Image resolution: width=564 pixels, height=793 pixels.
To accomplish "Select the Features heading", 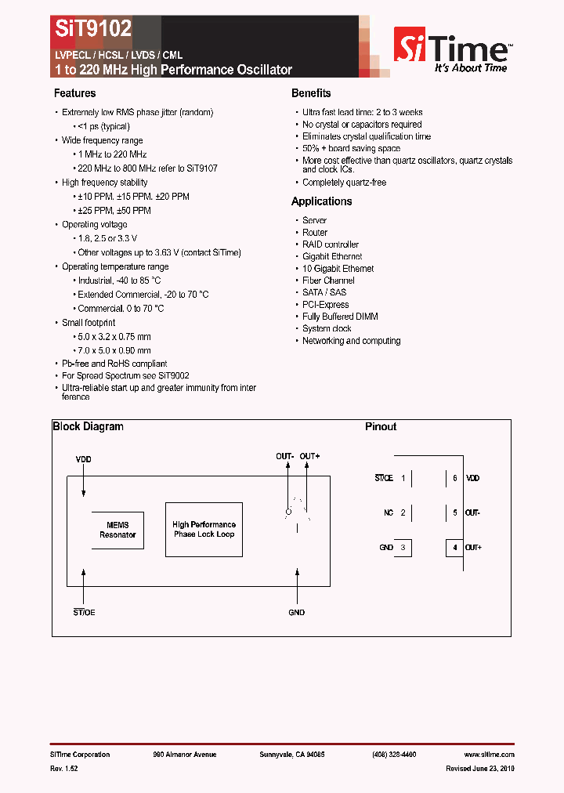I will click(x=74, y=93).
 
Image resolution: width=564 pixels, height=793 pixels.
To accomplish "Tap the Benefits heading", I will click(x=311, y=93).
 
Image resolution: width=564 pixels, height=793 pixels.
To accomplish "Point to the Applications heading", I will click(x=321, y=201).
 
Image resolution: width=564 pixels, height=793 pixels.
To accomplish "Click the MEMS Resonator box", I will click(x=117, y=530).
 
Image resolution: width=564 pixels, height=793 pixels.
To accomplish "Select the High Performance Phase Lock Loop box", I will click(x=204, y=530).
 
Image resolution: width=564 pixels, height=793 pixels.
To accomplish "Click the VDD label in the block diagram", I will click(x=83, y=459).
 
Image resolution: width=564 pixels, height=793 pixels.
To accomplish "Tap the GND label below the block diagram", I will click(x=296, y=612).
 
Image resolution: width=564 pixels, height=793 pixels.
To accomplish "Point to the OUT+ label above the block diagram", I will click(x=309, y=456).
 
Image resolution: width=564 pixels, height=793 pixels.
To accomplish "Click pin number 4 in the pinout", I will click(x=454, y=547).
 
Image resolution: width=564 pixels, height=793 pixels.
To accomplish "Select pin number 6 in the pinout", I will click(x=454, y=478).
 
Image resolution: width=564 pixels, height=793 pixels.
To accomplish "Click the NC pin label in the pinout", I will click(x=389, y=512).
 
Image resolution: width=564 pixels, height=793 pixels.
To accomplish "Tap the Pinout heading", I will click(x=381, y=427).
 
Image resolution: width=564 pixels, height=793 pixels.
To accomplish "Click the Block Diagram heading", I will click(x=88, y=427).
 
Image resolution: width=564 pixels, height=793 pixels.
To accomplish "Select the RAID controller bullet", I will click(x=331, y=244).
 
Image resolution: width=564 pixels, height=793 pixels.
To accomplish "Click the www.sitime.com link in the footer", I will click(x=493, y=755).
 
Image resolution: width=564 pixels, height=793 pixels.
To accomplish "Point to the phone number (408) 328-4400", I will click(x=394, y=755).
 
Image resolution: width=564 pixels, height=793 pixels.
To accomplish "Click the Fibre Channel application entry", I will click(x=328, y=281).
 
